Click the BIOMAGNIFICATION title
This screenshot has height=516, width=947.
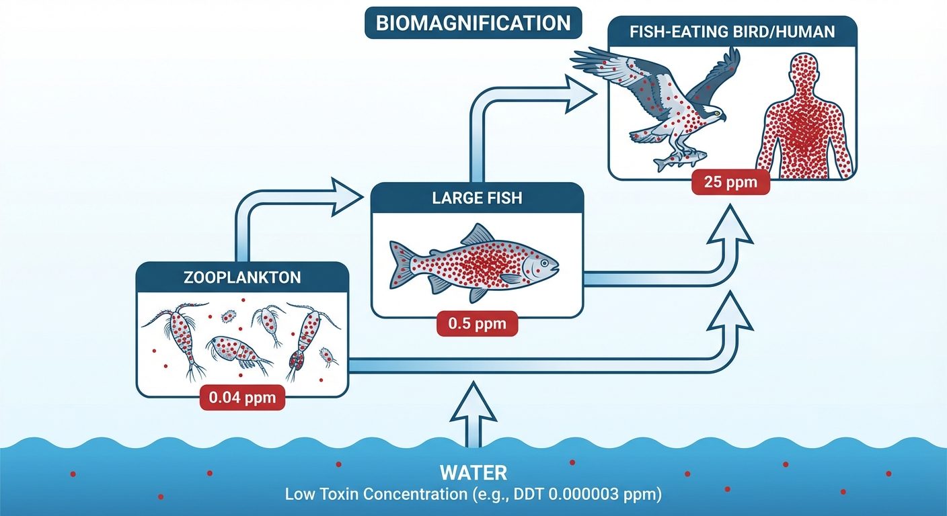point(473,23)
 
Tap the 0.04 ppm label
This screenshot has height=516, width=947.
point(242,397)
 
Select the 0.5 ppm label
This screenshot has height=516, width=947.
point(477,325)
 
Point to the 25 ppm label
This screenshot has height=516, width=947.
point(730,182)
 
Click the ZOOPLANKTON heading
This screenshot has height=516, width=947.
point(242,277)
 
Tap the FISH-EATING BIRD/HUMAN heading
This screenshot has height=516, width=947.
point(732,31)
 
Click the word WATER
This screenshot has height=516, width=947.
point(473,472)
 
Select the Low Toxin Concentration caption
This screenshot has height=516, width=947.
point(473,495)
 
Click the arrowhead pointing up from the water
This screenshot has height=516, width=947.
point(473,396)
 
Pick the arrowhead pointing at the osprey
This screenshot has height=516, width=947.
point(580,92)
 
